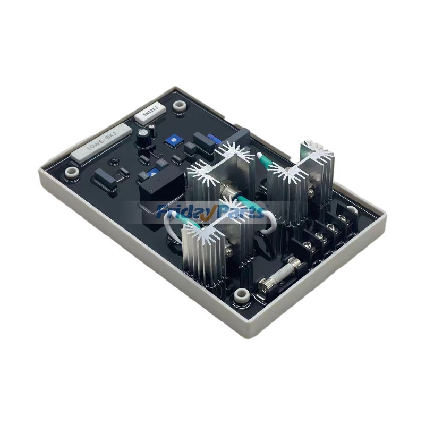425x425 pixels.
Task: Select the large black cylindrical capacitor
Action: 143,138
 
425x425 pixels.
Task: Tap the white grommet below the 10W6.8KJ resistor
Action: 70,172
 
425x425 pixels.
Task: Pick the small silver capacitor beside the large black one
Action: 153,128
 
